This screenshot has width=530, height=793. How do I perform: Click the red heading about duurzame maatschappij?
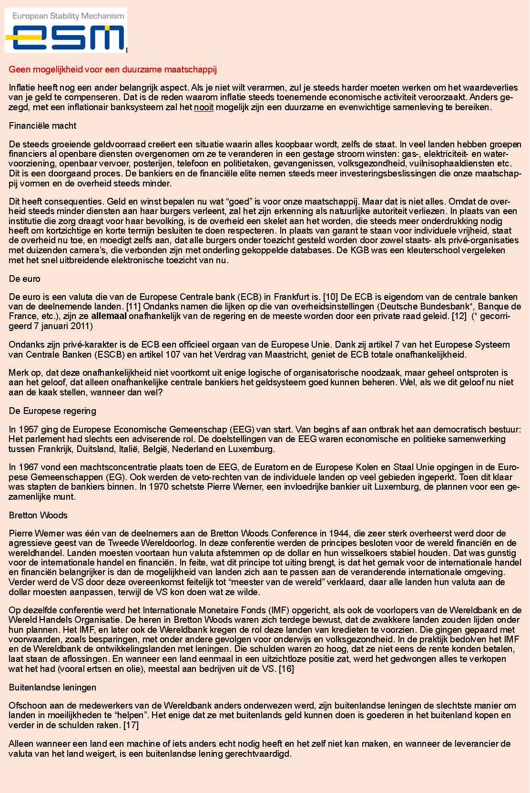(112, 70)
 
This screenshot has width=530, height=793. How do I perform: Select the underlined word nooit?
(204, 107)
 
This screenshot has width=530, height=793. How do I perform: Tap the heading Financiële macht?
(42, 126)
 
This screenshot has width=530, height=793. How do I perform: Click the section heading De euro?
(24, 279)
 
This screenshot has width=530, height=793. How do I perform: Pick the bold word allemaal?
(109, 316)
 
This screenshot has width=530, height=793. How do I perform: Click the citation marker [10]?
(330, 297)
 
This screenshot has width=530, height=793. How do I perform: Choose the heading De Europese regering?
(52, 411)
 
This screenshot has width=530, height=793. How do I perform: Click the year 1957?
(28, 430)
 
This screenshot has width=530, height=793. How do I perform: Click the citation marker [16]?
(286, 669)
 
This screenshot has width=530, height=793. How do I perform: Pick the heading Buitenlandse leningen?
(52, 688)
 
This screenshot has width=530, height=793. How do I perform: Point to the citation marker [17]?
(131, 725)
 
